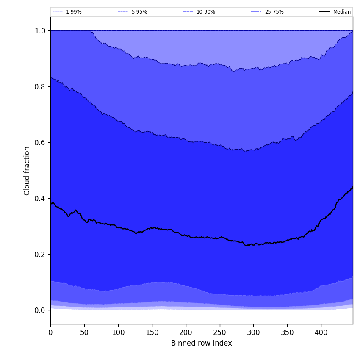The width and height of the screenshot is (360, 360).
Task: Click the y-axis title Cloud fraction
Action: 27,171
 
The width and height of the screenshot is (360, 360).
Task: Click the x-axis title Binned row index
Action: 201,343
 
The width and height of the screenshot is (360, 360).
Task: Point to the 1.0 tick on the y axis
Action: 40,30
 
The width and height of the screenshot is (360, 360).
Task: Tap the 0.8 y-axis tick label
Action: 40,86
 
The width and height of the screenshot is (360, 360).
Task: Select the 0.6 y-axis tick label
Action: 40,142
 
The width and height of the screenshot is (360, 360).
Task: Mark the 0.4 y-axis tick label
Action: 40,198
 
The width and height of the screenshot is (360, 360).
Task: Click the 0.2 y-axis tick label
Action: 40,254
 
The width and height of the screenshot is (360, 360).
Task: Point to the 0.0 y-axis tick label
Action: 40,310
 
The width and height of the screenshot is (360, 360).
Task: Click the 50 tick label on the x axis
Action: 84,332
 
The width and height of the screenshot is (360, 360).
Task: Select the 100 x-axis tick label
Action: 118,332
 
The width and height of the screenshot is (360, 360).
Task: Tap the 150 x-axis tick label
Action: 152,332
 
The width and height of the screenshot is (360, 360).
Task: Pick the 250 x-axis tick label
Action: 219,332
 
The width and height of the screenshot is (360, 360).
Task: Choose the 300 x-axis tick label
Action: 253,332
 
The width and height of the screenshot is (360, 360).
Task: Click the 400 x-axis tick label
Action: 321,332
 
